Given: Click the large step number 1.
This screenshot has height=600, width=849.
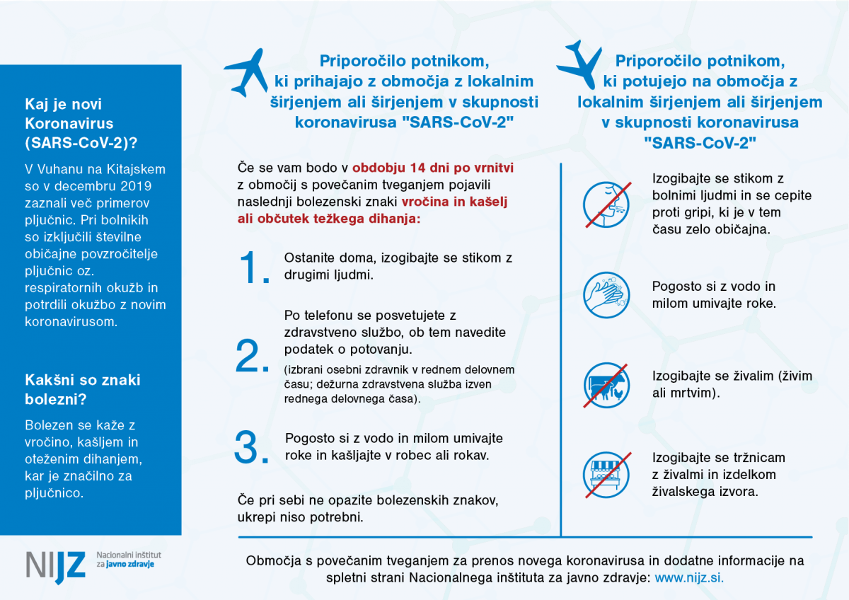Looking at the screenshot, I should (x=255, y=267).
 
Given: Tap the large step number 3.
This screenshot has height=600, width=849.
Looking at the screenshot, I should (x=253, y=446).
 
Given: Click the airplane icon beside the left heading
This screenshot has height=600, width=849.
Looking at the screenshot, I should (x=246, y=72).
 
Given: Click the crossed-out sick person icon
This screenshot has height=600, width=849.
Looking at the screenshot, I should (x=606, y=204).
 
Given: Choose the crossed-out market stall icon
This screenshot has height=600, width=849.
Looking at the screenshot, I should (x=606, y=473).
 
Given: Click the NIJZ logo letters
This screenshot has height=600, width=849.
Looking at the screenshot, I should (x=55, y=564).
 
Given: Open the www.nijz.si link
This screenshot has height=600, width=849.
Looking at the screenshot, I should (x=688, y=577).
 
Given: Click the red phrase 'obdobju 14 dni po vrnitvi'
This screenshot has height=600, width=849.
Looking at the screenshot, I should (x=433, y=170).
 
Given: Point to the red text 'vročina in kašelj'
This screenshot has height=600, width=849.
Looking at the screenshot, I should (x=462, y=201).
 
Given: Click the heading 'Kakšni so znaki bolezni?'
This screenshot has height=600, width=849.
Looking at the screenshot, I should (x=83, y=389).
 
